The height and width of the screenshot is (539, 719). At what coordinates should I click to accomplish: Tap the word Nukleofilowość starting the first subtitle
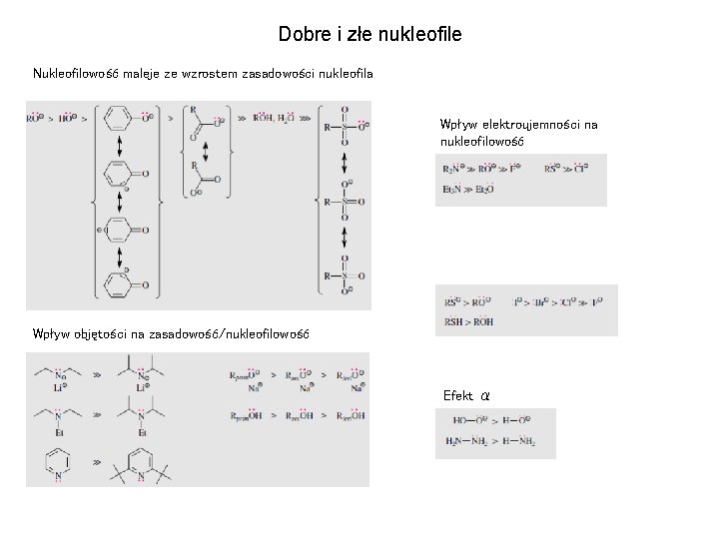[77, 73]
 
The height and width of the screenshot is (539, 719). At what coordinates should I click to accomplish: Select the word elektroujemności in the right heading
[528, 125]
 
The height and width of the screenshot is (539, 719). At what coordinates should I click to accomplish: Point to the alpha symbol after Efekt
[485, 396]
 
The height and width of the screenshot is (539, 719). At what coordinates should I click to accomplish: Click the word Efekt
[458, 396]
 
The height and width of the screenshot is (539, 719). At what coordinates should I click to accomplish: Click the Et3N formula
[452, 188]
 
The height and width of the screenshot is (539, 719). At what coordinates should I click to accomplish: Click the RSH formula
[454, 321]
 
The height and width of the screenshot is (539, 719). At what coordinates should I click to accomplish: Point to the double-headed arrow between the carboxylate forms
[206, 151]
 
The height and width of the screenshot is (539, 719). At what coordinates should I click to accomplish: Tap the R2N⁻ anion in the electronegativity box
[452, 168]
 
